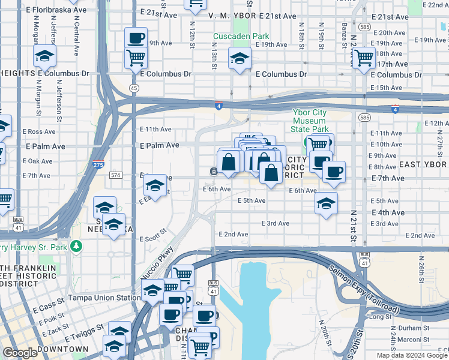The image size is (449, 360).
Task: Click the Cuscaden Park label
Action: pos(241,36)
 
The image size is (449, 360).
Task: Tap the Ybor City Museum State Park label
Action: pos(310,120)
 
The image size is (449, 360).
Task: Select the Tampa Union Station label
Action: pos(103,298)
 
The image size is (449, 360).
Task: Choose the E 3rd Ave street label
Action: pos(275,223)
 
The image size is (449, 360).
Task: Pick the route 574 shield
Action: pos(116,175)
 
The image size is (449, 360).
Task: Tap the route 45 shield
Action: pos(134,88)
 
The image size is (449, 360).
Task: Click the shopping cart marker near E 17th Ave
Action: pos(364,58)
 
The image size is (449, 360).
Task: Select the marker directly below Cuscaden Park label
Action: pos(240,59)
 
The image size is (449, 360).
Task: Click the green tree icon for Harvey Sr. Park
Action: pos(76,246)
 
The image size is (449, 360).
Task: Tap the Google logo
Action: pos(20,353)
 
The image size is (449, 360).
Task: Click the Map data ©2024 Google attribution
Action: pos(411,355)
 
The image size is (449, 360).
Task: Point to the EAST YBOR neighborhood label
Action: pos(423,164)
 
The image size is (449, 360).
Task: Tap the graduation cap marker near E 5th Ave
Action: pos(326,203)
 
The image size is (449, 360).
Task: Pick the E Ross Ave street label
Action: pos(39,131)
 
